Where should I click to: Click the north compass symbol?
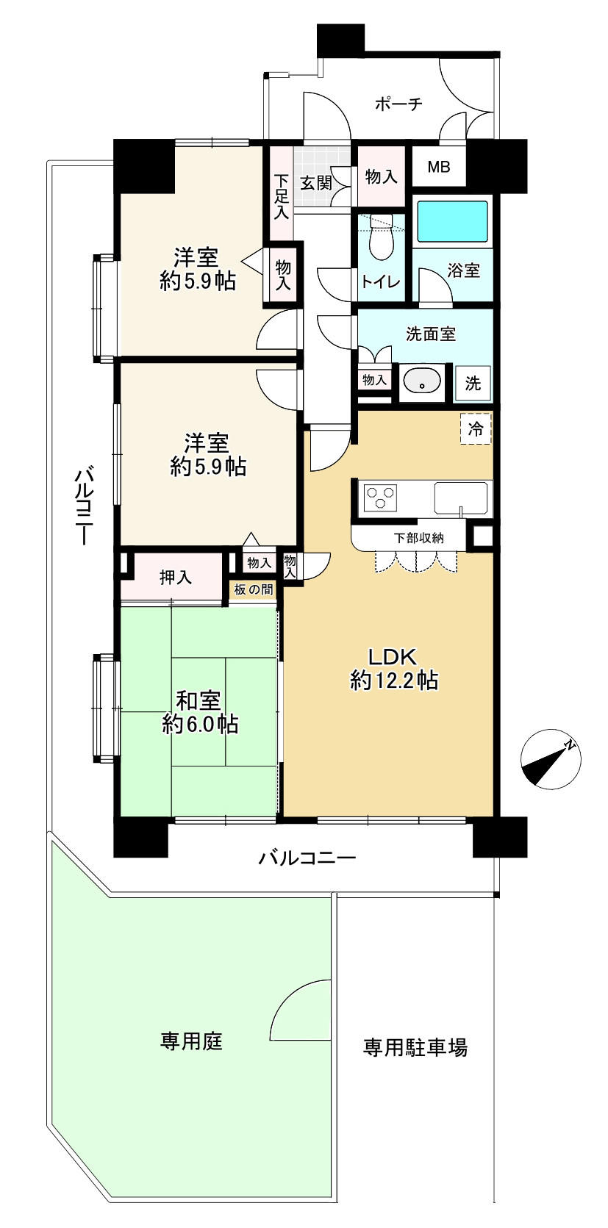(550, 758)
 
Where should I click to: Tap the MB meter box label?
(439, 167)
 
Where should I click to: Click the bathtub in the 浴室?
(452, 221)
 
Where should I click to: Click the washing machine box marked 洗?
(473, 383)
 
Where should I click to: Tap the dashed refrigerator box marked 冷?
(476, 428)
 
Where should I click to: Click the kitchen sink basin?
(461, 498)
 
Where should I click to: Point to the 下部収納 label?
(419, 538)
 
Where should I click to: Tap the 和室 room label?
(198, 700)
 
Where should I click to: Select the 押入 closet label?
(176, 578)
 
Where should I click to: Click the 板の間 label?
(254, 590)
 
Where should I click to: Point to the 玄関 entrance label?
(316, 182)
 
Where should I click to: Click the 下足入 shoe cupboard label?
(282, 197)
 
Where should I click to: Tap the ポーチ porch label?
(398, 104)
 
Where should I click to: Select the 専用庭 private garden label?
(191, 1041)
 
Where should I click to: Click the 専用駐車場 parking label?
(415, 1048)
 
